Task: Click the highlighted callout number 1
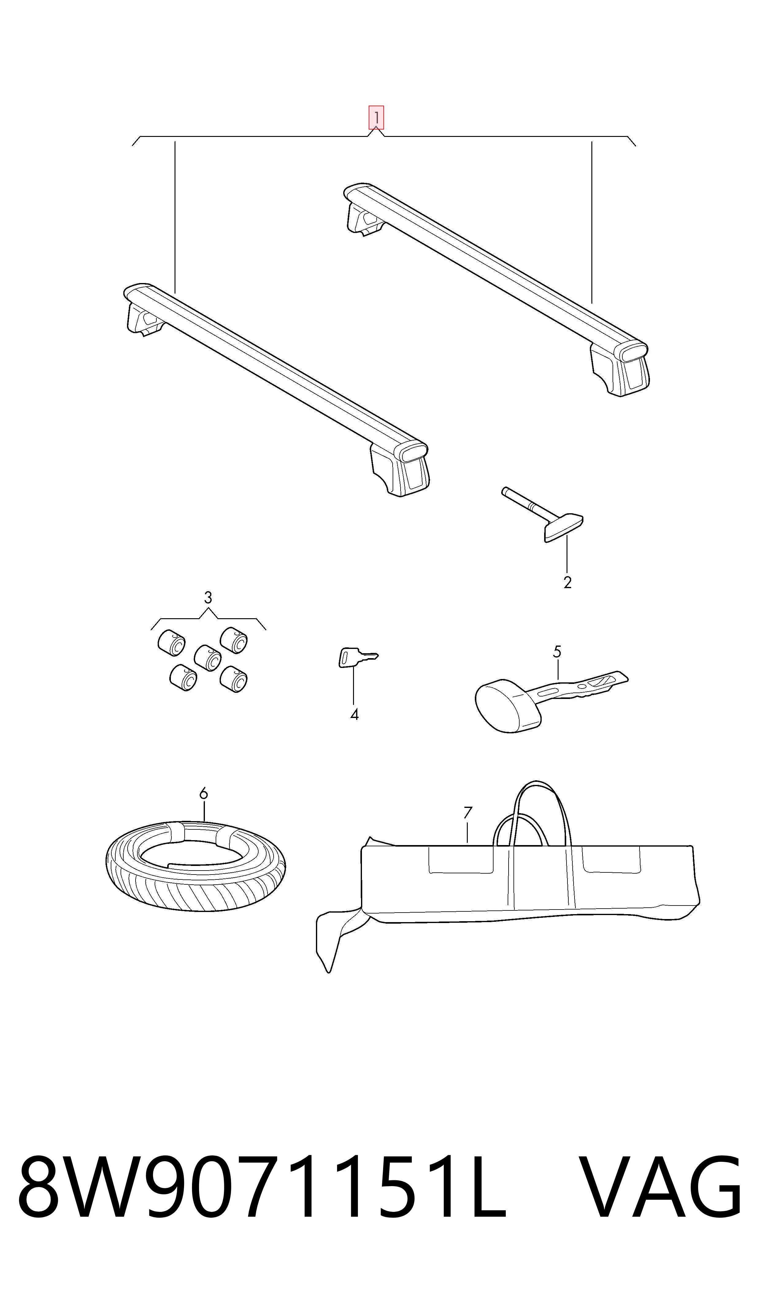pyautogui.click(x=376, y=118)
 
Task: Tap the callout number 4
pyautogui.click(x=354, y=714)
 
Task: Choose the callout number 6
pyautogui.click(x=204, y=794)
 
